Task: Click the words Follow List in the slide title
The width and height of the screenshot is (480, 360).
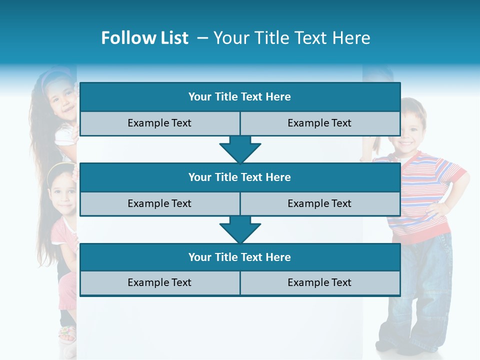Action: [145, 38]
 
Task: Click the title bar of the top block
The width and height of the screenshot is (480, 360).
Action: [239, 97]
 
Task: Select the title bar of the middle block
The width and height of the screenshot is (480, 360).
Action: [239, 177]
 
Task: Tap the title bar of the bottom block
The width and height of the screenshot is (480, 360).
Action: [239, 257]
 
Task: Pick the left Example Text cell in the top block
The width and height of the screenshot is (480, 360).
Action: [159, 123]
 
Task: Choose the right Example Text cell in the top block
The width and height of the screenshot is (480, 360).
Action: [319, 123]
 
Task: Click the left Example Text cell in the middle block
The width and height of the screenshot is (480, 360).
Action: [159, 203]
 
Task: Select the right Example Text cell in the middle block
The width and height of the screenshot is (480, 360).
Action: [319, 203]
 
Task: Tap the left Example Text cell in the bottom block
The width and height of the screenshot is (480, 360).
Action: [159, 283]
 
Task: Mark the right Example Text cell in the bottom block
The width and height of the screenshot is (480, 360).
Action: [319, 283]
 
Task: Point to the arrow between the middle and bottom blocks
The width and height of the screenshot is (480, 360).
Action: [240, 229]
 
